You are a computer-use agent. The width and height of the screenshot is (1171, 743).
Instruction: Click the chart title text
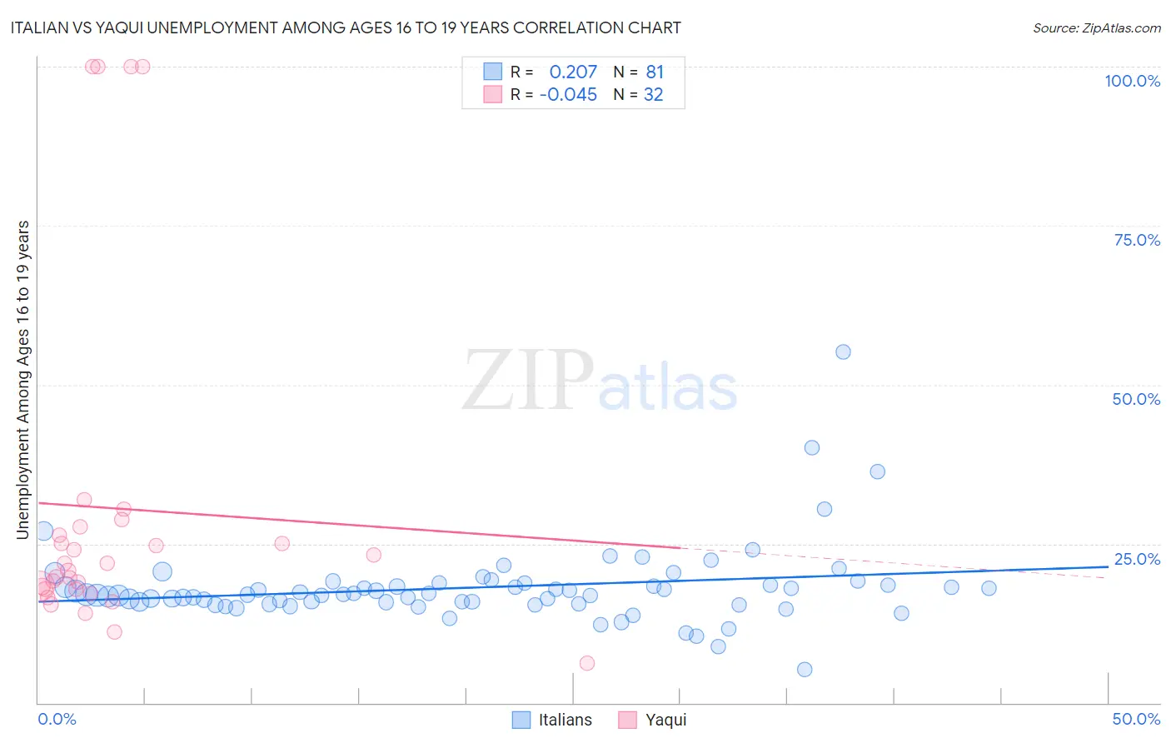346,27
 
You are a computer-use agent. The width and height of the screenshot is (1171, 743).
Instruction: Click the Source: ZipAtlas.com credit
1096,27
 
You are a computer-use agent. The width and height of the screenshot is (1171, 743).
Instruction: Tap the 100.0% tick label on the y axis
1132,81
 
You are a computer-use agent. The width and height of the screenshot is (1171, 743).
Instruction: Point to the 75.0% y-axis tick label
1137,240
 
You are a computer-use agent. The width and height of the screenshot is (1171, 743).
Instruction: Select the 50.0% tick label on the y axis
1136,399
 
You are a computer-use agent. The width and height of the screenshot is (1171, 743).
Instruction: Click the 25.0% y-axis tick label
1137,558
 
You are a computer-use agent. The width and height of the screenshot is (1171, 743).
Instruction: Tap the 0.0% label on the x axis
57,719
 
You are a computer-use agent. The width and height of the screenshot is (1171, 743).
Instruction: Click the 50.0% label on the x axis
1136,719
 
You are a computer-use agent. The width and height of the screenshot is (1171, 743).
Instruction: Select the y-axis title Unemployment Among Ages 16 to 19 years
23,380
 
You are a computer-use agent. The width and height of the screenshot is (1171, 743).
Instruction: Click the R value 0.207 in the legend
573,72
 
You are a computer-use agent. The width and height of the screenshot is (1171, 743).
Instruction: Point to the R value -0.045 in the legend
568,95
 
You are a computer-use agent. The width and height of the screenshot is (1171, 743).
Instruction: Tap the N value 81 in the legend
655,72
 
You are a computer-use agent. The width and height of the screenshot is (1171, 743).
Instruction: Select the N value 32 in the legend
653,95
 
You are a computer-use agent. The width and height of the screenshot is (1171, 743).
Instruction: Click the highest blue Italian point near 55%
843,352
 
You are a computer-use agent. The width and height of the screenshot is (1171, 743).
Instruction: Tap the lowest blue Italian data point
805,670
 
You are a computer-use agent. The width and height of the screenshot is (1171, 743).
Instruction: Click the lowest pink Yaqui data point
587,663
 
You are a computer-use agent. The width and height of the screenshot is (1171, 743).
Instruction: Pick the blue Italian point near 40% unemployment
812,447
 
